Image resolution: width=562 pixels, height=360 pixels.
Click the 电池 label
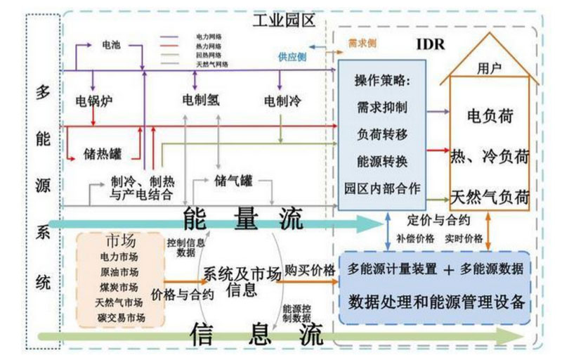point(112,45)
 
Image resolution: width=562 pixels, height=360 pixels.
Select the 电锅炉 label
point(95,101)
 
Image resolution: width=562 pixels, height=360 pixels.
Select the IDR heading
point(430,46)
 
